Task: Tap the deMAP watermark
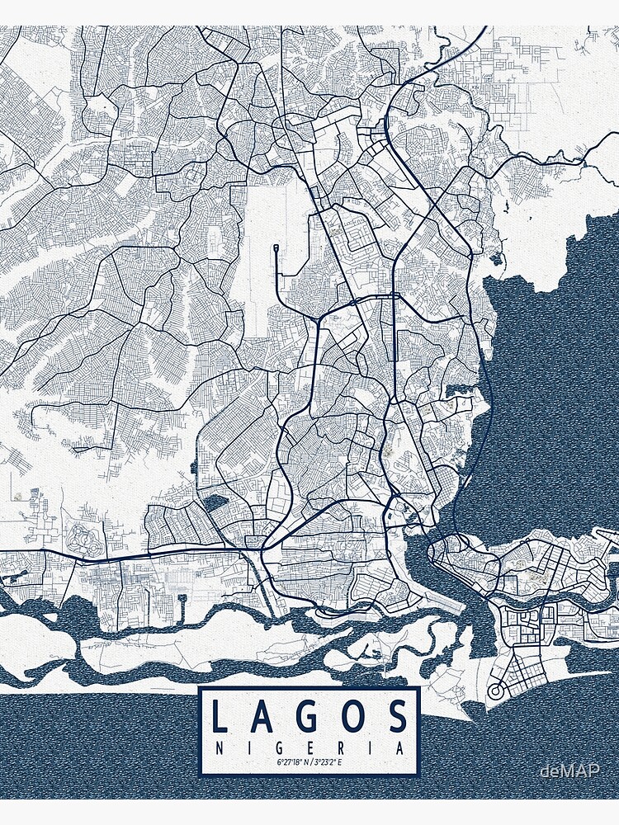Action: click(x=569, y=771)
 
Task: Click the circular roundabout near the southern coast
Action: click(x=497, y=691)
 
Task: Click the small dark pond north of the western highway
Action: click(x=213, y=502)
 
